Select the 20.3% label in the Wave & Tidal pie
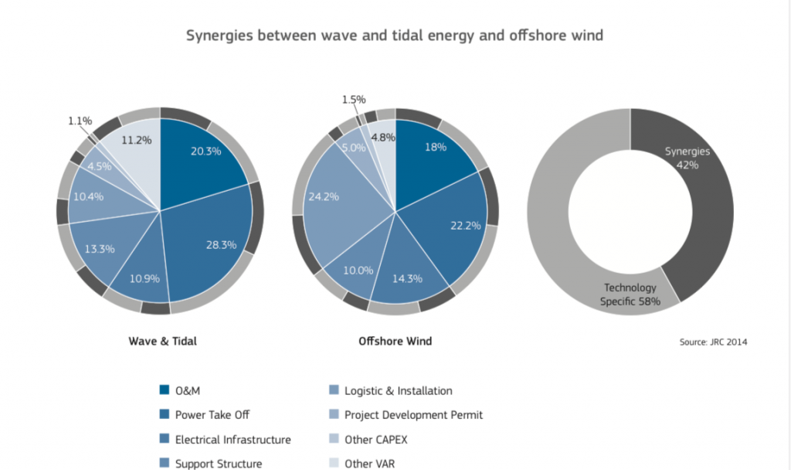205,151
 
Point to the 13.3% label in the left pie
100,249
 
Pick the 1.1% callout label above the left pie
80,121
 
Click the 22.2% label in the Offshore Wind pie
465,225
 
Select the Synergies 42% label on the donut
687,158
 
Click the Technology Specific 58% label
630,295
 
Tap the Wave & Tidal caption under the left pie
161,341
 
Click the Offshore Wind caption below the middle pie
395,341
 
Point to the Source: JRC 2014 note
712,341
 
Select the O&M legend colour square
164,390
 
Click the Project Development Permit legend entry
413,415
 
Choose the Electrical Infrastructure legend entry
233,440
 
